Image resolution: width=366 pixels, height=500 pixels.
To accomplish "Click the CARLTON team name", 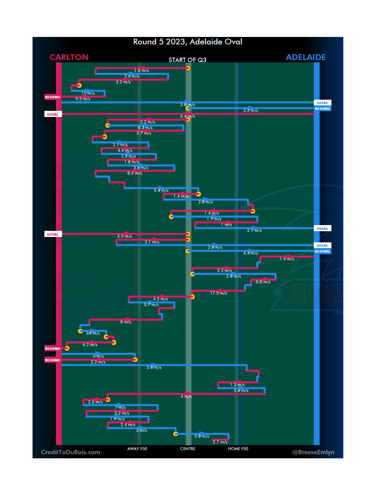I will [x=69, y=57].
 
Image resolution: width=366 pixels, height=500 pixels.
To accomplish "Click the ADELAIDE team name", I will [x=306, y=57].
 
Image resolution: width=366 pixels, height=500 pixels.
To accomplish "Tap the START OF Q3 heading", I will [x=187, y=60].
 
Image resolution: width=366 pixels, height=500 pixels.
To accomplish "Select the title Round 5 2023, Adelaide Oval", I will [x=187, y=42].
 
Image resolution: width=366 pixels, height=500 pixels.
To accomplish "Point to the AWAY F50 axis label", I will [x=137, y=449].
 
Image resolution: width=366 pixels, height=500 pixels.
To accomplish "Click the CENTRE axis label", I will [x=188, y=449].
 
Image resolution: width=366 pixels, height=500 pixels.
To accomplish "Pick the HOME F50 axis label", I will [x=238, y=449].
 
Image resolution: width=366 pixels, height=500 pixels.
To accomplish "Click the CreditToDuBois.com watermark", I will [x=70, y=452].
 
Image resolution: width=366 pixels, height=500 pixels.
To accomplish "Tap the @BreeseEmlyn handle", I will [x=313, y=452].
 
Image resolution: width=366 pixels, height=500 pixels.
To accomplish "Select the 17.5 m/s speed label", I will [x=219, y=293].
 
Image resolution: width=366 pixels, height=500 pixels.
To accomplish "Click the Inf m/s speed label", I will [x=93, y=333].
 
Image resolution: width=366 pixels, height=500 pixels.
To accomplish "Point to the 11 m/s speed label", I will [x=88, y=93].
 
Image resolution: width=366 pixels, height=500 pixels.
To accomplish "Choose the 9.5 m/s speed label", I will [x=83, y=99].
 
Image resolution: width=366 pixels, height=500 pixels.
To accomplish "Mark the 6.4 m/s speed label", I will [x=187, y=116].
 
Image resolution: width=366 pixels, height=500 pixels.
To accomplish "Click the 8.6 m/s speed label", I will [x=135, y=173].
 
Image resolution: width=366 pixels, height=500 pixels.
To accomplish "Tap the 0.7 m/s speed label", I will [x=151, y=305].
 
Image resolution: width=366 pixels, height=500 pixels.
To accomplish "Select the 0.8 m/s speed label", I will [x=263, y=282].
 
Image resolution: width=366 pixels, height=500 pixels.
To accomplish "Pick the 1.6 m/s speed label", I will [x=141, y=71].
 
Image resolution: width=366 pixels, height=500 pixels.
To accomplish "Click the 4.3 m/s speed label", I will [x=250, y=253].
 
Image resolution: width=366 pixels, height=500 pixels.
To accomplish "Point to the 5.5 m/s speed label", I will [x=124, y=236].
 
